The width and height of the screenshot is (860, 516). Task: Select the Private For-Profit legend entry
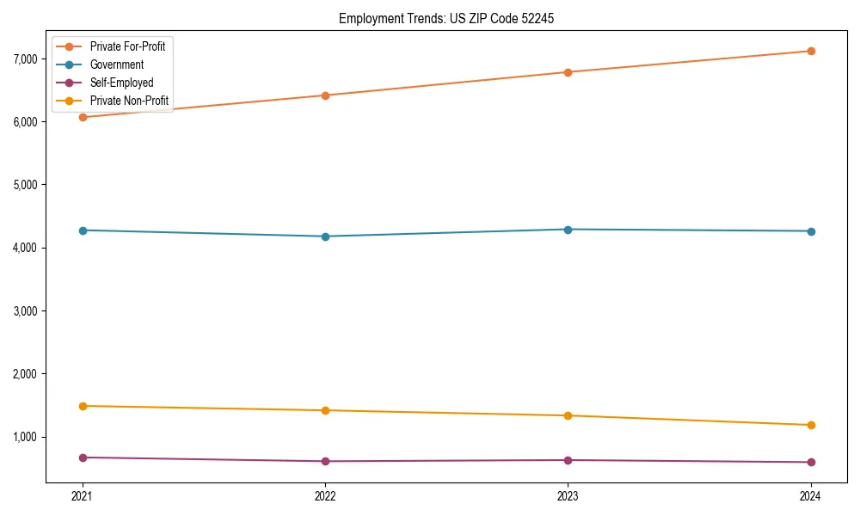pyautogui.click(x=127, y=46)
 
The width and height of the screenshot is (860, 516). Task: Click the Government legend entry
pyautogui.click(x=117, y=64)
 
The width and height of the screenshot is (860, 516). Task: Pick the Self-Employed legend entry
pyautogui.click(x=121, y=83)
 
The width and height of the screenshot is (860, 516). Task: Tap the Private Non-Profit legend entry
pyautogui.click(x=129, y=101)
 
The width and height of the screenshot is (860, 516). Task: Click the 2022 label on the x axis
pyautogui.click(x=325, y=495)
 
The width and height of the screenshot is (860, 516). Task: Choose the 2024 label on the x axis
pyautogui.click(x=811, y=495)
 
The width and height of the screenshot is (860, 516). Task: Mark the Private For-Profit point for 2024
pyautogui.click(x=811, y=51)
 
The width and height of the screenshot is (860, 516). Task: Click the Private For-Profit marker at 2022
pyautogui.click(x=325, y=95)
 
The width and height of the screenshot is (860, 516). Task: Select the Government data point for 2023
pyautogui.click(x=568, y=230)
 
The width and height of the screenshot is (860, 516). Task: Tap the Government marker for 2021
pyautogui.click(x=83, y=230)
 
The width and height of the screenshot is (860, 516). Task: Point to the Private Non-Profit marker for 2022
pyautogui.click(x=325, y=410)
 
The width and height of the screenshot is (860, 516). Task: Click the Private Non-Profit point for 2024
pyautogui.click(x=811, y=425)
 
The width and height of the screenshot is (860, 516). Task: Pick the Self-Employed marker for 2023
pyautogui.click(x=568, y=460)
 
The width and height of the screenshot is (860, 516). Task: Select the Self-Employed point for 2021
pyautogui.click(x=83, y=458)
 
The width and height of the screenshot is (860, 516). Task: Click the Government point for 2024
pyautogui.click(x=811, y=231)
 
